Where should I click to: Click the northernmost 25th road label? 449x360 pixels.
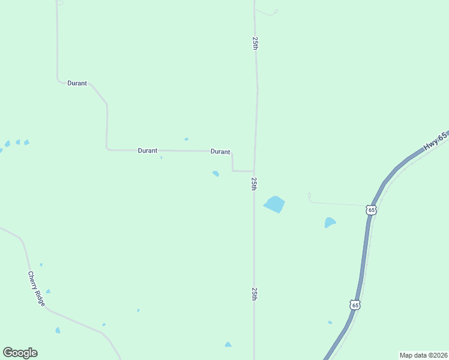pyautogui.click(x=255, y=43)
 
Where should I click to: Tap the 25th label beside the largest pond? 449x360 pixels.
pyautogui.click(x=255, y=184)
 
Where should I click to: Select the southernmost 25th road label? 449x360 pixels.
pyautogui.click(x=255, y=293)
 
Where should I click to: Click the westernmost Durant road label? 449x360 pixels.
pyautogui.click(x=77, y=83)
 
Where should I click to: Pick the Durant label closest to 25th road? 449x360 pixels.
pyautogui.click(x=220, y=152)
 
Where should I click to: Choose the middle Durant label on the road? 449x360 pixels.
pyautogui.click(x=148, y=151)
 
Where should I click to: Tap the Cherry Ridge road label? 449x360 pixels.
pyautogui.click(x=36, y=289)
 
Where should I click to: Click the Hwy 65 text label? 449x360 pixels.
pyautogui.click(x=435, y=142)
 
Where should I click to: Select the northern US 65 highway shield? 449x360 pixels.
pyautogui.click(x=372, y=209)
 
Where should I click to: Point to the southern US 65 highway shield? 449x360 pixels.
pyautogui.click(x=355, y=305)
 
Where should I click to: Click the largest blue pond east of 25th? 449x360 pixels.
pyautogui.click(x=274, y=204)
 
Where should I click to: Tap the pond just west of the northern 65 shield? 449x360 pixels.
pyautogui.click(x=330, y=223)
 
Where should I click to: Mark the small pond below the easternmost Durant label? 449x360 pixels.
pyautogui.click(x=215, y=174)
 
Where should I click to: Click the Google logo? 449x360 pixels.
pyautogui.click(x=20, y=353)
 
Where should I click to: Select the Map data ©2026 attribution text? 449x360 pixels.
pyautogui.click(x=423, y=355)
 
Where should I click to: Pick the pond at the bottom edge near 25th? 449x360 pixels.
pyautogui.click(x=228, y=344)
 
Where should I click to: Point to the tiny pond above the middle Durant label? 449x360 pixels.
pyautogui.click(x=186, y=139)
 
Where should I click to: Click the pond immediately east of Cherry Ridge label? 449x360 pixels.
pyautogui.click(x=48, y=292)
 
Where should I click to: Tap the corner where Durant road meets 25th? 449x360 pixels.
pyautogui.click(x=253, y=171)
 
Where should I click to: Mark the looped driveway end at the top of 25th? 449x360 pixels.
pyautogui.click(x=276, y=11)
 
